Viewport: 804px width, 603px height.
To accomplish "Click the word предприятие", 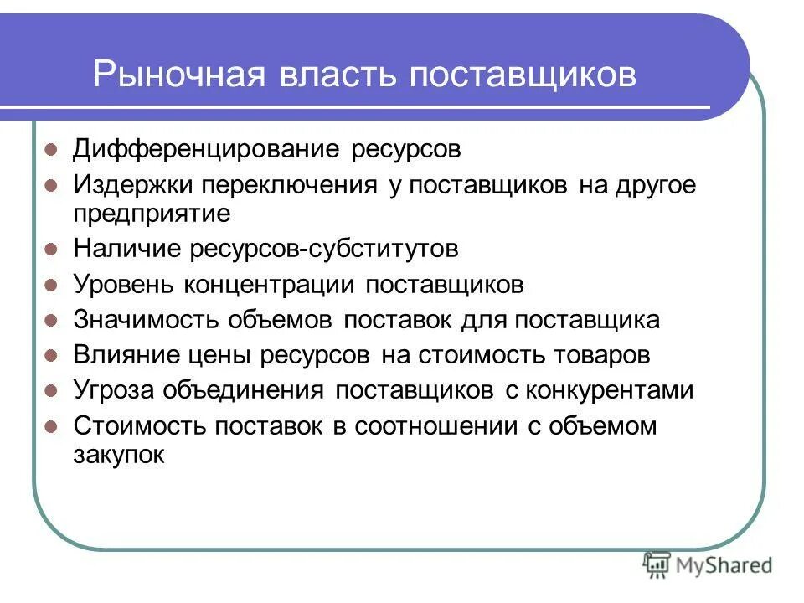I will tap(151, 214).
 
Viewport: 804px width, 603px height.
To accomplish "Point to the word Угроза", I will tap(114, 390).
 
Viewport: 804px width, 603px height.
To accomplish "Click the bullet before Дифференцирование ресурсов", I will tap(50, 152).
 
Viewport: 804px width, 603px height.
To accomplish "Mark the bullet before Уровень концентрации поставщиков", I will tap(50, 285).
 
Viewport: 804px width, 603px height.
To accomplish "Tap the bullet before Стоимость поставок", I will tap(50, 426).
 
